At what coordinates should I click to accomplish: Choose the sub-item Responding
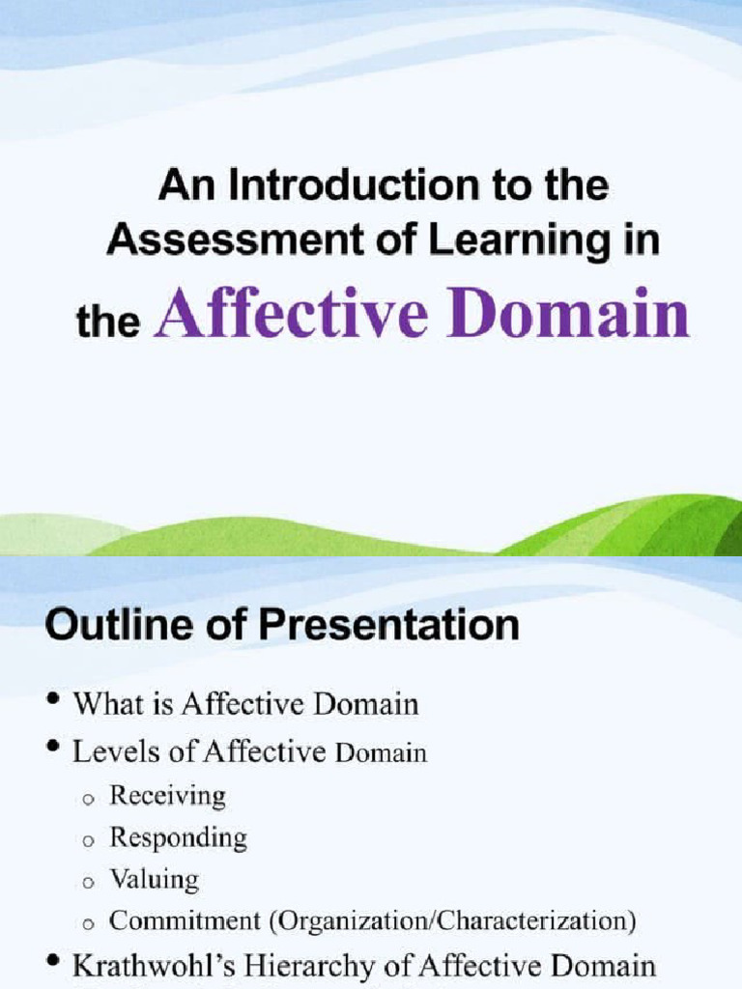(x=178, y=837)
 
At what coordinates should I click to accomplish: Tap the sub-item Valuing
(x=154, y=879)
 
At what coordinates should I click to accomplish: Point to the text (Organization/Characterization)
(x=457, y=920)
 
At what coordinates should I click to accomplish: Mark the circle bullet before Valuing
(x=87, y=883)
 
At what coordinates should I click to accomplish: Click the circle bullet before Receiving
(x=87, y=799)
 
